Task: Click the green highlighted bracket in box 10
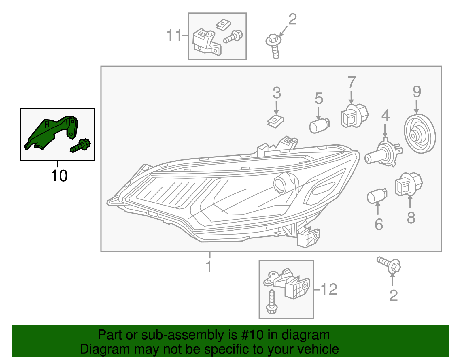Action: coord(52,131)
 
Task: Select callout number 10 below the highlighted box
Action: coord(59,176)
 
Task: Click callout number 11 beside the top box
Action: coord(174,35)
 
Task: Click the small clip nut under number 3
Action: coord(275,121)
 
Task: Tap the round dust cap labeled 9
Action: coord(419,134)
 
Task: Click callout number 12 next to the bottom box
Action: coord(329,289)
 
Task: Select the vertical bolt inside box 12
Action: coord(272,303)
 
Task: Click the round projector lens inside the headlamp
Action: coord(279,184)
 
